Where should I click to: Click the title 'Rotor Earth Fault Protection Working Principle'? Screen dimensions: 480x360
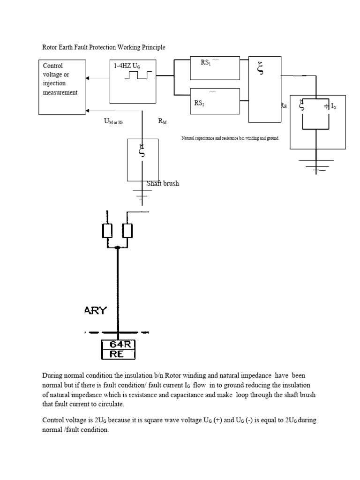(104, 47)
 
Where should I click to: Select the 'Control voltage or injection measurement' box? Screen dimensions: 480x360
(62, 87)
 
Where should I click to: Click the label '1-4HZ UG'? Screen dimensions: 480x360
(127, 66)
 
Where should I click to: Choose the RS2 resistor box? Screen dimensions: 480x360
(215, 100)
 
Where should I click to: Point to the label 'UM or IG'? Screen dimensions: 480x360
(113, 121)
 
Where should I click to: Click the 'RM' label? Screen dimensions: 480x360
(163, 121)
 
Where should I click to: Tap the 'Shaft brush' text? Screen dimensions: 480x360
(163, 183)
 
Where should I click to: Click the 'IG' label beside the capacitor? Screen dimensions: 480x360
(333, 106)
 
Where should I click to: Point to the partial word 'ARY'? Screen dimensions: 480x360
(96, 310)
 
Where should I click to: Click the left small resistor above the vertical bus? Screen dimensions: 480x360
(107, 231)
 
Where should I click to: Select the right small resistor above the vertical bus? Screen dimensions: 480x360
(127, 231)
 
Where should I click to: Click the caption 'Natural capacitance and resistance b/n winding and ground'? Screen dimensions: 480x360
(230, 139)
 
